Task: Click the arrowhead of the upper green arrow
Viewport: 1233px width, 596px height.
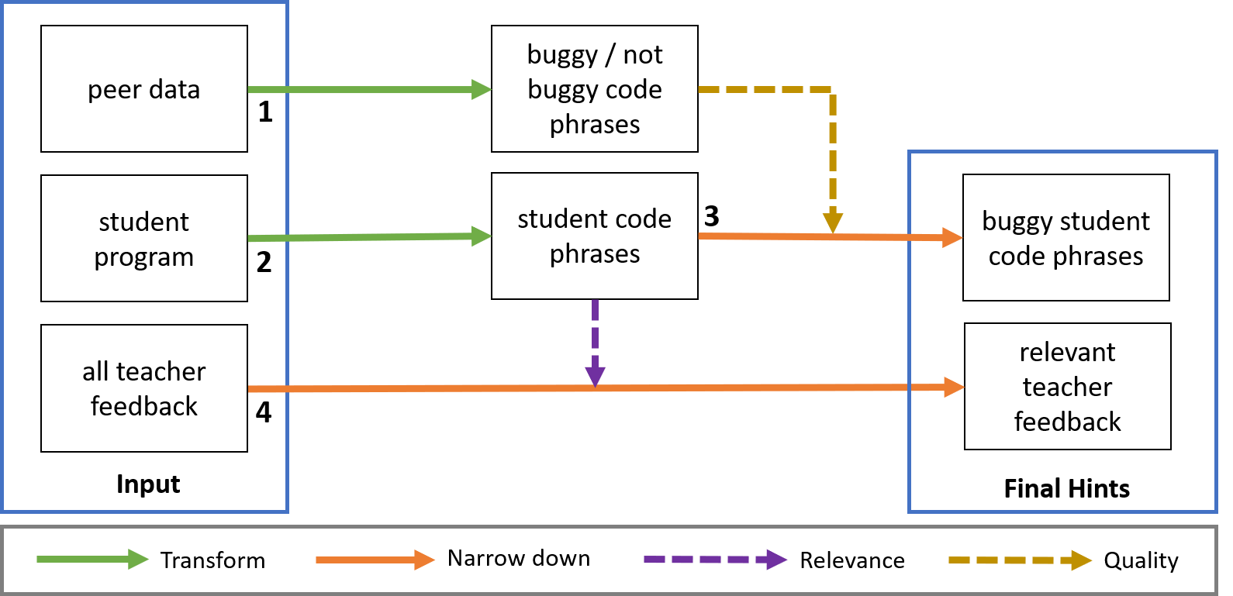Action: point(483,90)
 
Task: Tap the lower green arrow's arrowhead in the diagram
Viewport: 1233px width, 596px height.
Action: point(483,236)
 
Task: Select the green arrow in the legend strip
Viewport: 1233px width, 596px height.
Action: point(92,559)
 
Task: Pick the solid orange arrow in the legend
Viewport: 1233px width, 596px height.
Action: point(375,560)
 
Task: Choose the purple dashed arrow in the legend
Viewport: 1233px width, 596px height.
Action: point(715,560)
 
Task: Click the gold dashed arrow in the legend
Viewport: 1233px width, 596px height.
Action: point(1020,560)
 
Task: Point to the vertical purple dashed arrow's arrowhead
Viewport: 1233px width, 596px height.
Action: point(595,377)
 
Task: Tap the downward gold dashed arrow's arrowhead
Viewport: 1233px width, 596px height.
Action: point(833,223)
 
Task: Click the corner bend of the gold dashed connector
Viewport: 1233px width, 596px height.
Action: point(832,90)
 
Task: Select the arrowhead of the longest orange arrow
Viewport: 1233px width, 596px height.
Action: point(955,387)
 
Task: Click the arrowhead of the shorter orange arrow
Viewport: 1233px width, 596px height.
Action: point(953,238)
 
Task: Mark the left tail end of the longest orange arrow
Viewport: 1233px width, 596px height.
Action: point(250,389)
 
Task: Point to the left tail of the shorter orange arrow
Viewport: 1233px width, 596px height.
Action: point(700,236)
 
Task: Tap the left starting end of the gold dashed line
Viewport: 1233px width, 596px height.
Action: point(700,90)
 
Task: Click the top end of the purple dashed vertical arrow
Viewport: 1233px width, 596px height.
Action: point(595,301)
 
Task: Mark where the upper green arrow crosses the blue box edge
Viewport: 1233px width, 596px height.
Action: point(288,90)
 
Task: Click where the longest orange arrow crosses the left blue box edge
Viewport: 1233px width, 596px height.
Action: point(288,389)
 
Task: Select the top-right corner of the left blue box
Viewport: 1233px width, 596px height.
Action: point(288,3)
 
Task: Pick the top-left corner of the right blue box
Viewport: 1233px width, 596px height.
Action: point(909,152)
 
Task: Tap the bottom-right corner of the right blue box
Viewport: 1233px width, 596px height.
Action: point(1216,512)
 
